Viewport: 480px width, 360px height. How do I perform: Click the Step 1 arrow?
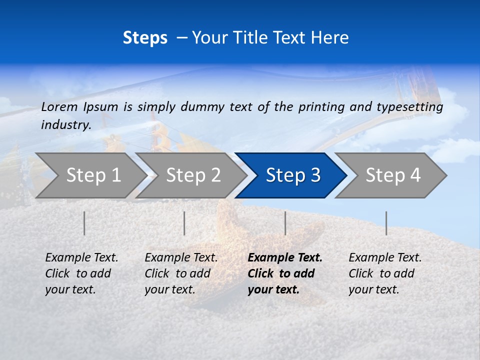[90, 175]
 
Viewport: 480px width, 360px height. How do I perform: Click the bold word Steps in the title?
[145, 38]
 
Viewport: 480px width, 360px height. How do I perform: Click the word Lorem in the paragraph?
[59, 106]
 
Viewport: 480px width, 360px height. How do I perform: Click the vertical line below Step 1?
[84, 223]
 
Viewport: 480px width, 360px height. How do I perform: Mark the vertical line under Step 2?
[184, 223]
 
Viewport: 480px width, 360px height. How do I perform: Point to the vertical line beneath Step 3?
[285, 223]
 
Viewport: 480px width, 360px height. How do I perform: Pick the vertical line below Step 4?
[386, 223]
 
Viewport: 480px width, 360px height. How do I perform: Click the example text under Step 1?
[81, 273]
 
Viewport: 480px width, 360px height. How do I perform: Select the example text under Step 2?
[181, 273]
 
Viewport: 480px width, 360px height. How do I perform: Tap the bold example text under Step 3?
[284, 273]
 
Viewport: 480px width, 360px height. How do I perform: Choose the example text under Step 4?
[385, 273]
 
